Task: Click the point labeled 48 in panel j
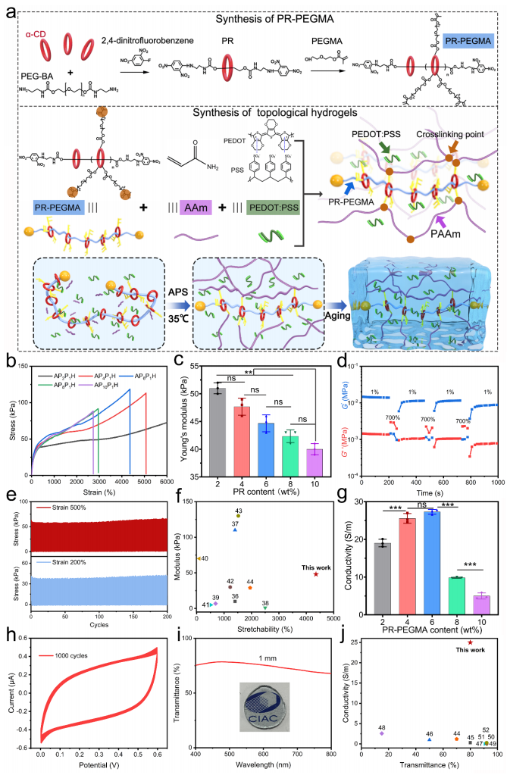pyautogui.click(x=382, y=733)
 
